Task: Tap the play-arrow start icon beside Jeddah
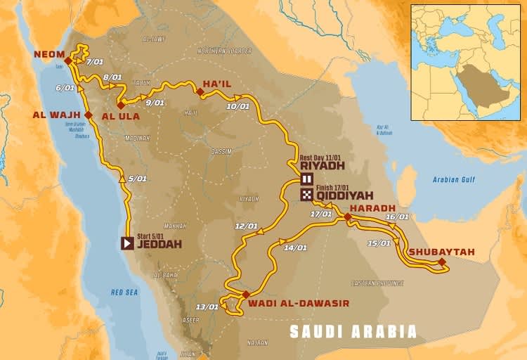[x=127, y=243]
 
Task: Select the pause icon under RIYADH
[x=307, y=179]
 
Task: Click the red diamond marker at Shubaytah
[x=442, y=262]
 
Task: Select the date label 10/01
[x=238, y=106]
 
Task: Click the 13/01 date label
[x=207, y=307]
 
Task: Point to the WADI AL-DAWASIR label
[x=299, y=304]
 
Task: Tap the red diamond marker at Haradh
[x=347, y=217]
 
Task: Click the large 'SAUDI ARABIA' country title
[x=353, y=332]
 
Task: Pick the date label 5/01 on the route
[x=138, y=179]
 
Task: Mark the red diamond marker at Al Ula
[x=121, y=104]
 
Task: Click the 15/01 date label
[x=379, y=243]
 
